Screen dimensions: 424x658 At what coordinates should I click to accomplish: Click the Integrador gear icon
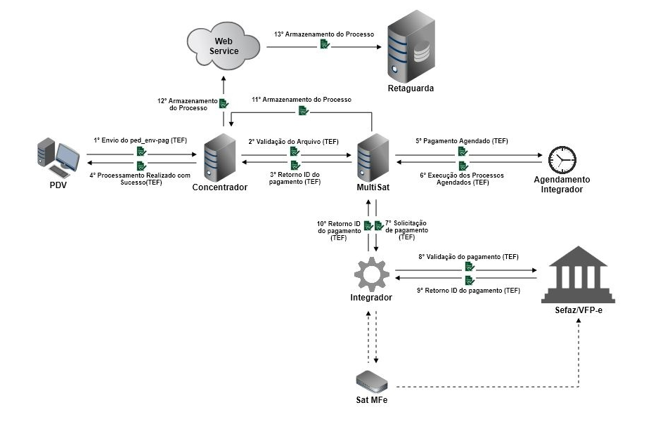tap(371, 274)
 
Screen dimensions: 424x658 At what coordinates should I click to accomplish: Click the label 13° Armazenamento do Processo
tap(324, 34)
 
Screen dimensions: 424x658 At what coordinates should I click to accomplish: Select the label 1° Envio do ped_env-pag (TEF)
tap(141, 140)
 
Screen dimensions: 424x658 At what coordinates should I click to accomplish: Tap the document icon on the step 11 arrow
tap(302, 110)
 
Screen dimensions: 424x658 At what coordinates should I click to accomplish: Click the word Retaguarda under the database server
tap(411, 88)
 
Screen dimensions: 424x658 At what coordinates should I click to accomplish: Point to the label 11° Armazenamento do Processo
tap(302, 100)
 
